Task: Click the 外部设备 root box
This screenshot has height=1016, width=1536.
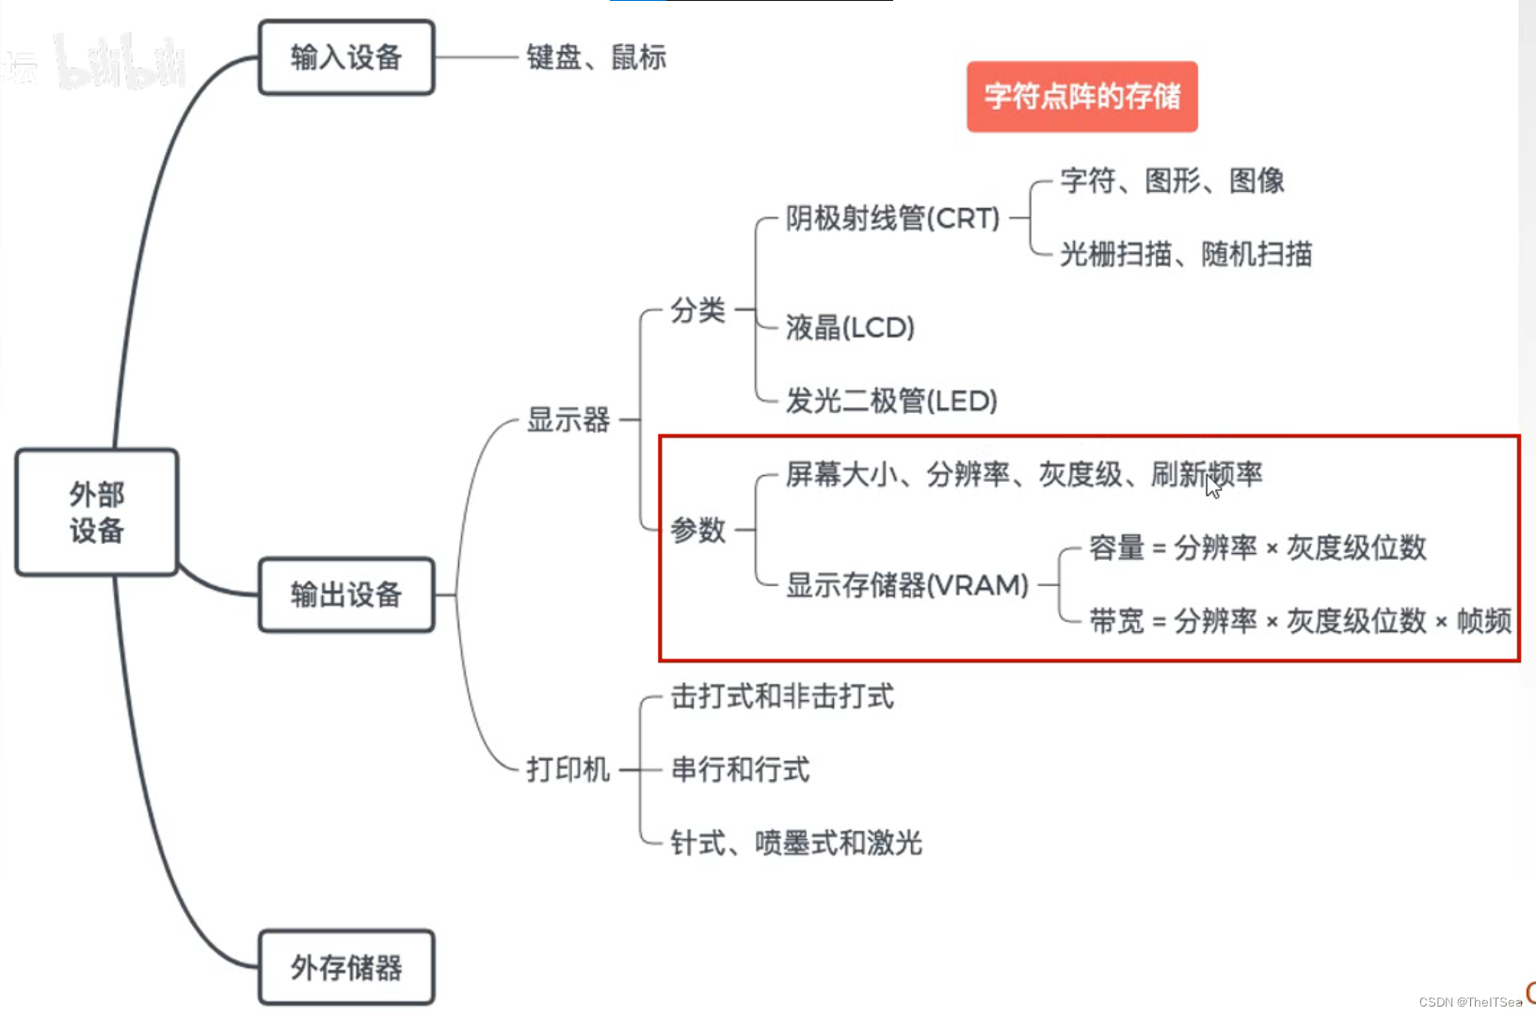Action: click(97, 512)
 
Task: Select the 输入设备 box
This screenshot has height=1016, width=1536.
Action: click(346, 57)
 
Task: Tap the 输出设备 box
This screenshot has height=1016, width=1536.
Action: click(346, 595)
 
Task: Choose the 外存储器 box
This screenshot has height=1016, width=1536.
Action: click(346, 967)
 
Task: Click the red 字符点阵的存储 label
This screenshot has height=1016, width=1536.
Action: click(1082, 96)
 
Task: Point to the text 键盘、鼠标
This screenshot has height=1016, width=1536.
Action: click(596, 57)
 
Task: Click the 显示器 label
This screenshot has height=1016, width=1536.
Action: click(568, 420)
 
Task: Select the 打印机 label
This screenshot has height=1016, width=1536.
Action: click(568, 770)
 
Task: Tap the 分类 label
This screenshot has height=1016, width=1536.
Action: click(697, 310)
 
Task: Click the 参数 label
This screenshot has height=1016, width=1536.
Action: click(697, 530)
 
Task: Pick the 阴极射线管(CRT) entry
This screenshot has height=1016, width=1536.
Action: click(892, 218)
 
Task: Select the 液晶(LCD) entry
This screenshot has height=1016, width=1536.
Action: click(850, 327)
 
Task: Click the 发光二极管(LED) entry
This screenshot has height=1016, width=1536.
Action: click(891, 401)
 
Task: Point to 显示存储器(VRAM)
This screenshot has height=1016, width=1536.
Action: click(907, 585)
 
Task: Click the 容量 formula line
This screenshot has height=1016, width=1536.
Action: click(1257, 548)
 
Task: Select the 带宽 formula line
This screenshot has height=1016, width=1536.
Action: click(1300, 621)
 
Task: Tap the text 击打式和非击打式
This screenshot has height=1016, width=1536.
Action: click(782, 696)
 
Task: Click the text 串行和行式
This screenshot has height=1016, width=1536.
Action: click(740, 770)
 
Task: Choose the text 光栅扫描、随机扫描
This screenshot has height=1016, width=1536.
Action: click(1186, 254)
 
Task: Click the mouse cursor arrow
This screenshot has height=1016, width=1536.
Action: click(1213, 485)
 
